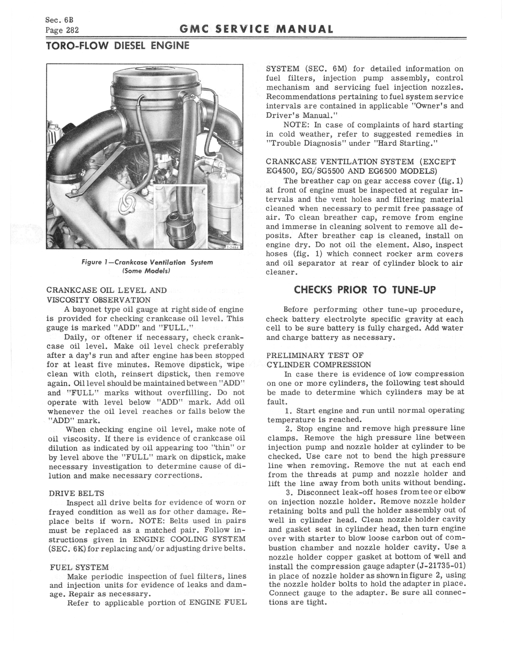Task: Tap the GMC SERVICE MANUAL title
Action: tap(256, 29)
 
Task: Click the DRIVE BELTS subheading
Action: tap(76, 493)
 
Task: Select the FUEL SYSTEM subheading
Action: tap(79, 567)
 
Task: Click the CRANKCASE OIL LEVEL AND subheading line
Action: tap(107, 290)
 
